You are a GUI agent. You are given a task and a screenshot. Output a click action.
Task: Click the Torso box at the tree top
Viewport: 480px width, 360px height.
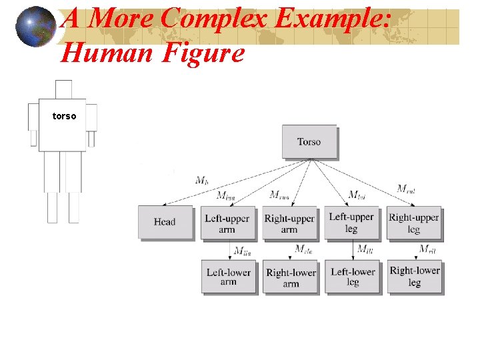[x=309, y=141]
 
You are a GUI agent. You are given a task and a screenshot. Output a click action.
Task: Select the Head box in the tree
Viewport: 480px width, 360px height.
[x=165, y=222]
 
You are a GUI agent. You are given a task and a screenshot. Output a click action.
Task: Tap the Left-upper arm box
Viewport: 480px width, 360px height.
[x=227, y=223]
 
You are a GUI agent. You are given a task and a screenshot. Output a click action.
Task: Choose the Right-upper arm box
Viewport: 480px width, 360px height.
[x=289, y=223]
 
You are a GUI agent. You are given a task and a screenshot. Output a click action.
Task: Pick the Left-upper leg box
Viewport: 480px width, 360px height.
[x=351, y=223]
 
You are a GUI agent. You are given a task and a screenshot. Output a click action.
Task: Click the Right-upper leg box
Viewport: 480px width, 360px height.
[x=413, y=223]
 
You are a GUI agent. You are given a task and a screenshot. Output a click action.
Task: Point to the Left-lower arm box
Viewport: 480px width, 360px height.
[x=228, y=277]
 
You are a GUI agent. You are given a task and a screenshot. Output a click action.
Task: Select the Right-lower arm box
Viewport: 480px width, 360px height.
[x=291, y=277]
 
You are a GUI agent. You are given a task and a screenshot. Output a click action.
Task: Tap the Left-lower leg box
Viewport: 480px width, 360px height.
[x=352, y=277]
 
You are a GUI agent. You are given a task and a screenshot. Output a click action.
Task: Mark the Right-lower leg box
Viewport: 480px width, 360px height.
[x=414, y=276]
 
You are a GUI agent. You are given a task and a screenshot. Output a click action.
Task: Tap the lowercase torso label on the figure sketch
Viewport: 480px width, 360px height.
[x=65, y=116]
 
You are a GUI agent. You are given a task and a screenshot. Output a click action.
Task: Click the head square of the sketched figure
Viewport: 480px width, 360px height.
[x=63, y=89]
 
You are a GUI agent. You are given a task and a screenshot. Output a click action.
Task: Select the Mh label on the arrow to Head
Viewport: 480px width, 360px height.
[x=202, y=180]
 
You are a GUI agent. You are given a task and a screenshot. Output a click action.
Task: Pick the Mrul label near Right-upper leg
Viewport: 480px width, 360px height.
[x=406, y=189]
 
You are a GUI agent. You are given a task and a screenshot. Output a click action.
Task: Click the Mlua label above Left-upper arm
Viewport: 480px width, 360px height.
[x=226, y=195]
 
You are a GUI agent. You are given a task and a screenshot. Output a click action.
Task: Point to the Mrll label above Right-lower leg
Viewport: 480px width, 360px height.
[x=427, y=249]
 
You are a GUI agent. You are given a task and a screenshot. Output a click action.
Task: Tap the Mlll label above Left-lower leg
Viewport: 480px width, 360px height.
[x=365, y=249]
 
